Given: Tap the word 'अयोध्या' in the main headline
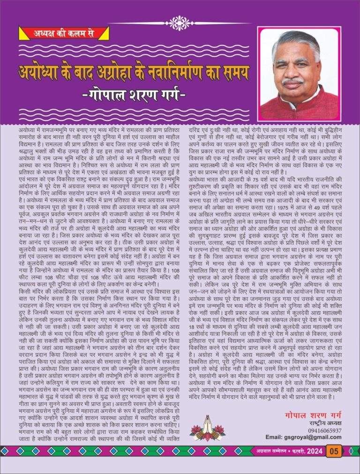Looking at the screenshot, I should coord(41,73).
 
